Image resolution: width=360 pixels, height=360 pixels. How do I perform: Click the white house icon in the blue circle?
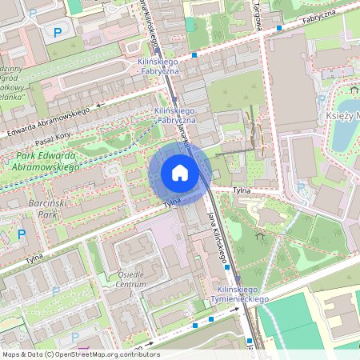tap(180, 173)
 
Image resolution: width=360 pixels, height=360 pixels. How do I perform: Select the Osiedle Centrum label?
tap(130, 279)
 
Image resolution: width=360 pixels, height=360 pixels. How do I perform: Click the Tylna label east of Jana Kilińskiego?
tap(242, 190)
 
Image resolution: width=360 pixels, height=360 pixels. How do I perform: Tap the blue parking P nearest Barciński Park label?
tap(22, 234)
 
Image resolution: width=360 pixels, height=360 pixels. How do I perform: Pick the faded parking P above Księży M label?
tap(321, 99)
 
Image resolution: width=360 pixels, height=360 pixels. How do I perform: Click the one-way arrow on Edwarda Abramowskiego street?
tap(100, 104)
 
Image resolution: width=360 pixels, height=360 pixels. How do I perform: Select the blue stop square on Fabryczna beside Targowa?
tap(278, 27)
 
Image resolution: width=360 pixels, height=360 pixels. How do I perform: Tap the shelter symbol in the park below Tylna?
tap(259, 236)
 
